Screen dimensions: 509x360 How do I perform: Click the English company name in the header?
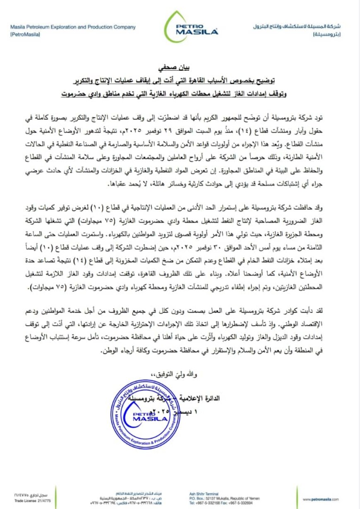pos(73,27)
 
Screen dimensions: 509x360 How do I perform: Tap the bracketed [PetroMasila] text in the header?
pos(25,35)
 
